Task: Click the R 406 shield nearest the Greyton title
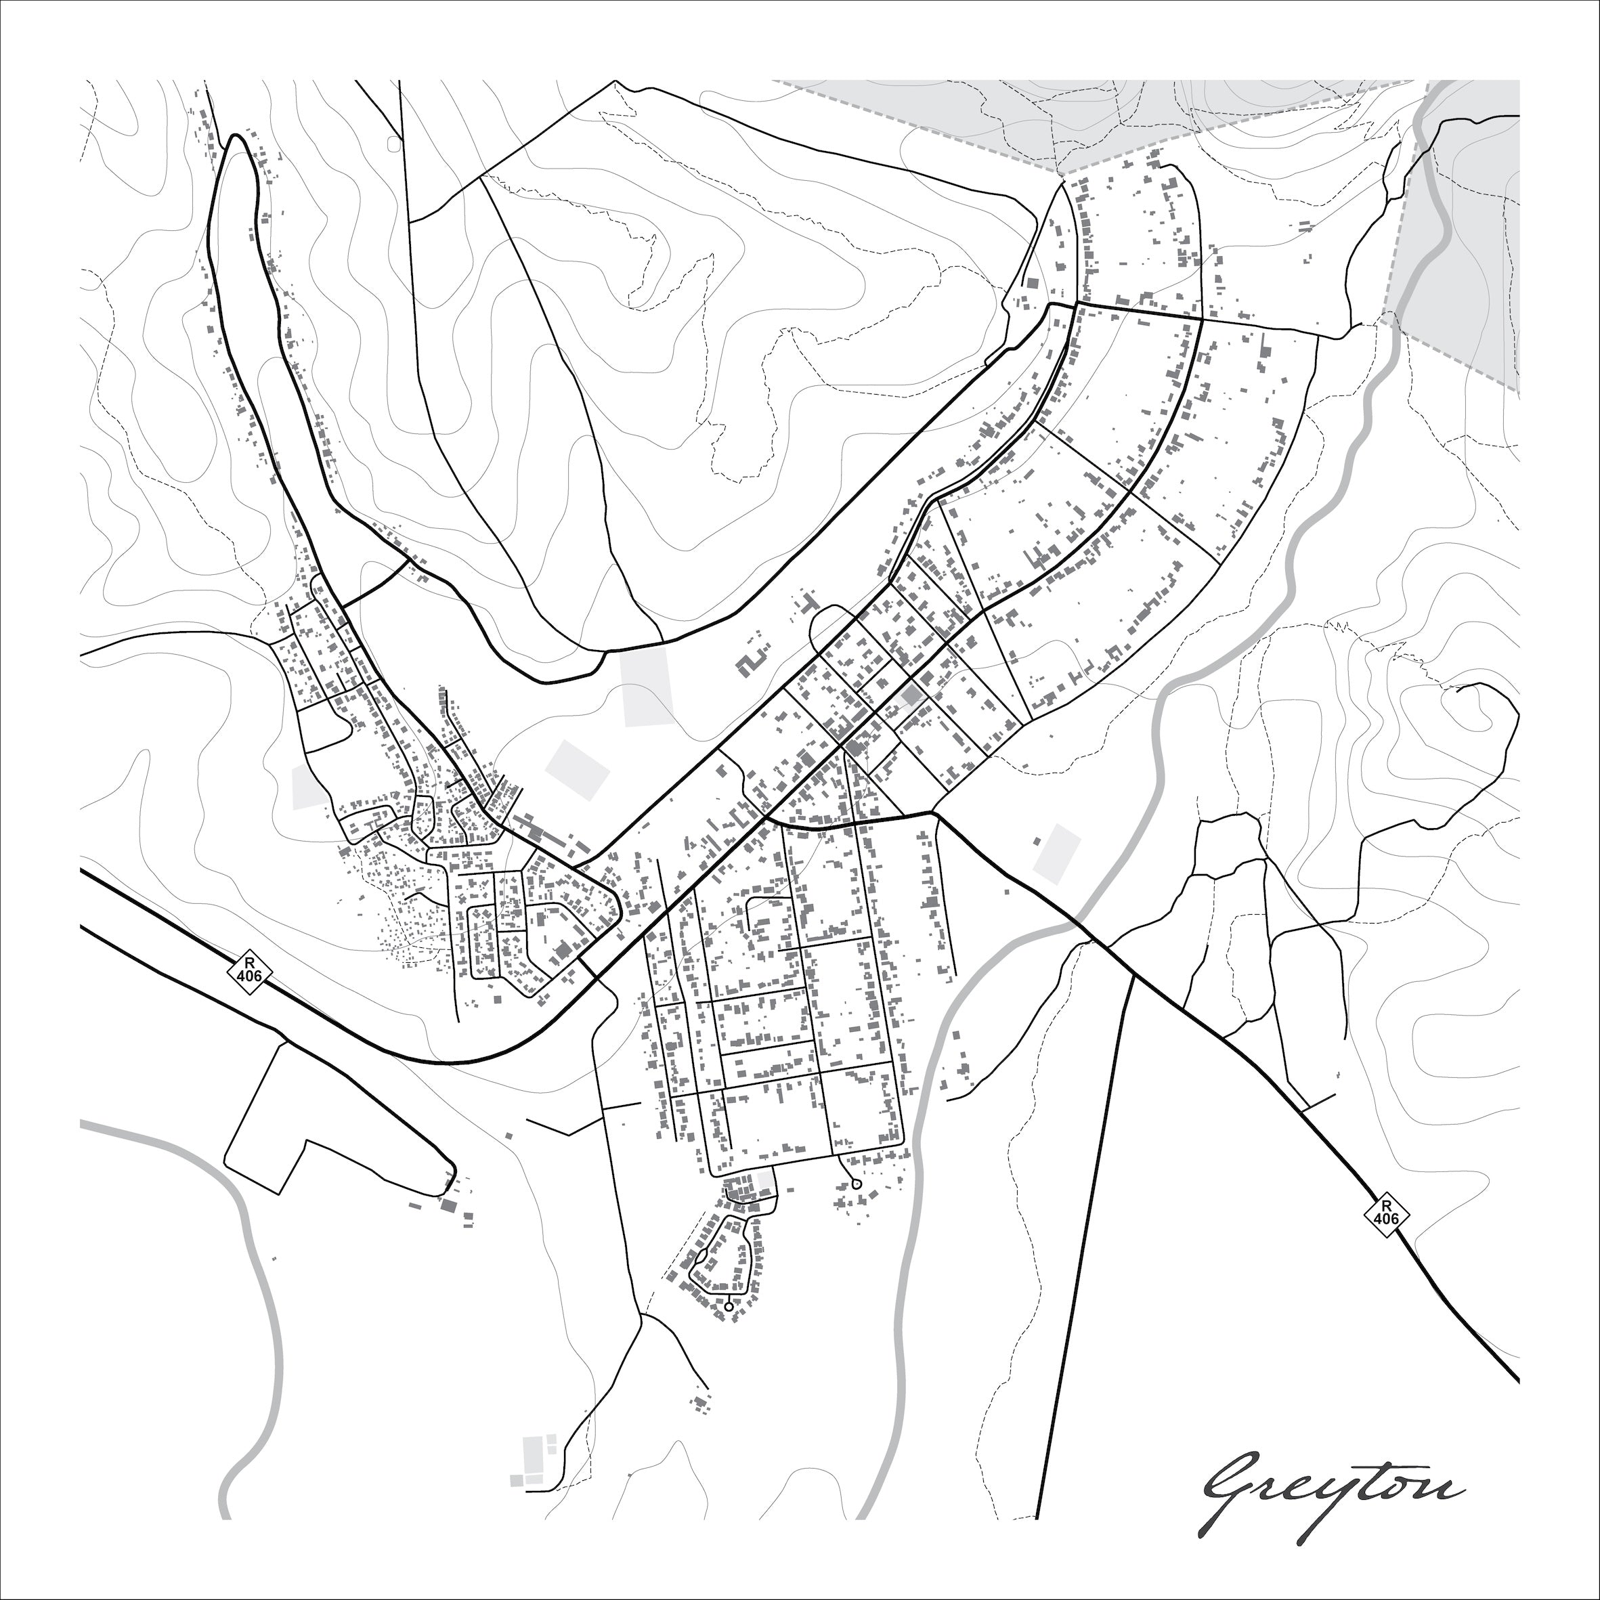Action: (x=1386, y=1214)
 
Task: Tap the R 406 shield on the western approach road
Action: (x=249, y=970)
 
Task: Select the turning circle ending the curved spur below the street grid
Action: (x=857, y=1184)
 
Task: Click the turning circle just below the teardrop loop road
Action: (x=728, y=1306)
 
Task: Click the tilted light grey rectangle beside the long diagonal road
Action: (x=577, y=769)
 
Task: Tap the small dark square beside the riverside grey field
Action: (x=1036, y=842)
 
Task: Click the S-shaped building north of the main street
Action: (x=752, y=662)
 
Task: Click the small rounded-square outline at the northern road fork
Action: (x=393, y=144)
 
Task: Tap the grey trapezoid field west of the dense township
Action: (x=309, y=787)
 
